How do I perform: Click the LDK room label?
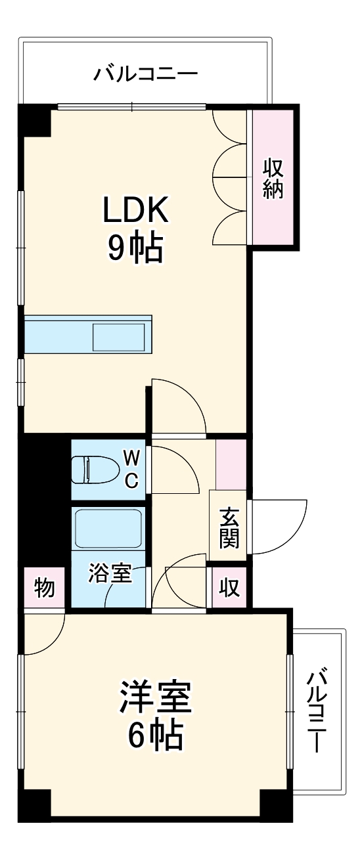(136, 211)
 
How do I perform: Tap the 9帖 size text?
(136, 248)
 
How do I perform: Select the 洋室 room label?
(155, 697)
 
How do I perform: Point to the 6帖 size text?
(155, 735)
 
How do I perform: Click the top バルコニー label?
(145, 72)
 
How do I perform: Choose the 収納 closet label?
(273, 178)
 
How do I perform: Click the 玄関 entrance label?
(229, 529)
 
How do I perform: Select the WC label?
(131, 469)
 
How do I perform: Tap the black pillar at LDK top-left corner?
(34, 120)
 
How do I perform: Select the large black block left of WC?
(45, 499)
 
